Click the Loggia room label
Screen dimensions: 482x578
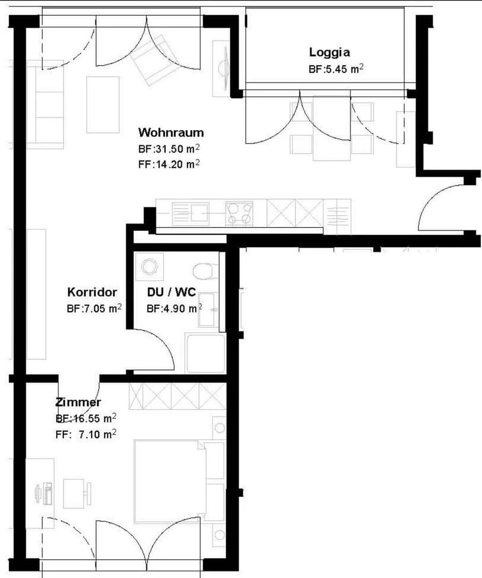[x=330, y=52]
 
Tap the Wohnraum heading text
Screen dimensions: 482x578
[x=171, y=132]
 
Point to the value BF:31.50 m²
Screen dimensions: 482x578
[x=169, y=149]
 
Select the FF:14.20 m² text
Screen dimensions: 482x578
[x=169, y=164]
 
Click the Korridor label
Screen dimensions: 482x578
[x=92, y=292]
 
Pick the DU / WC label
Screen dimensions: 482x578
[x=171, y=292]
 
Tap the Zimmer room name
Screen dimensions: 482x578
[x=78, y=402]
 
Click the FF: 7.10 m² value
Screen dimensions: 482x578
[x=86, y=434]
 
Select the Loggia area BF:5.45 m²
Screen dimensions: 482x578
[x=336, y=69]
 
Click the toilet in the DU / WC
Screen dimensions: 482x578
[x=204, y=271]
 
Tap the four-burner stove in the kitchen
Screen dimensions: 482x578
[x=240, y=213]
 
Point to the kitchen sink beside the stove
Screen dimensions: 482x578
[x=190, y=214]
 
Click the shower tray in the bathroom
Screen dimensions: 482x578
[x=205, y=353]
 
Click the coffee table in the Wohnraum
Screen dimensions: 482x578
[x=103, y=105]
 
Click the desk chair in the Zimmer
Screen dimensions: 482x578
[x=78, y=493]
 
